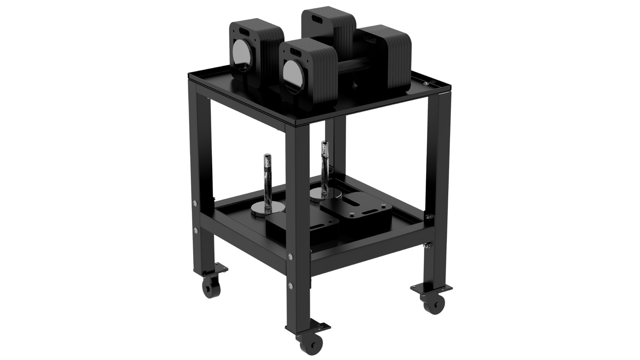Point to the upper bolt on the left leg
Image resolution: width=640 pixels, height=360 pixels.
194,203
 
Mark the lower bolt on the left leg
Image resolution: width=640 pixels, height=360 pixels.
195,230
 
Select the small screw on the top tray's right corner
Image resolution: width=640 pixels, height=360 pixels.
425,83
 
